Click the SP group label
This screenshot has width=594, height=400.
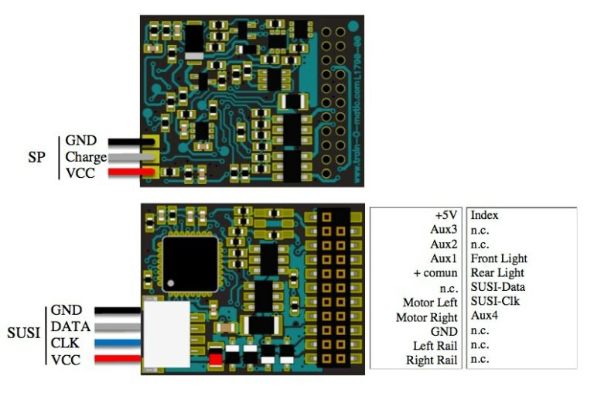36,157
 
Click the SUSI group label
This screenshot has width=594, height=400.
24,333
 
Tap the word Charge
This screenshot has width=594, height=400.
86,157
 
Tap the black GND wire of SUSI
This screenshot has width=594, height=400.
121,311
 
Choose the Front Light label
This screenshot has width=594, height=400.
497,258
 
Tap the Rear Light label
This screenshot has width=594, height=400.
497,272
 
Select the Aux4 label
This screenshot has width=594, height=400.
484,316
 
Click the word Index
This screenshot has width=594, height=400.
484,215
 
